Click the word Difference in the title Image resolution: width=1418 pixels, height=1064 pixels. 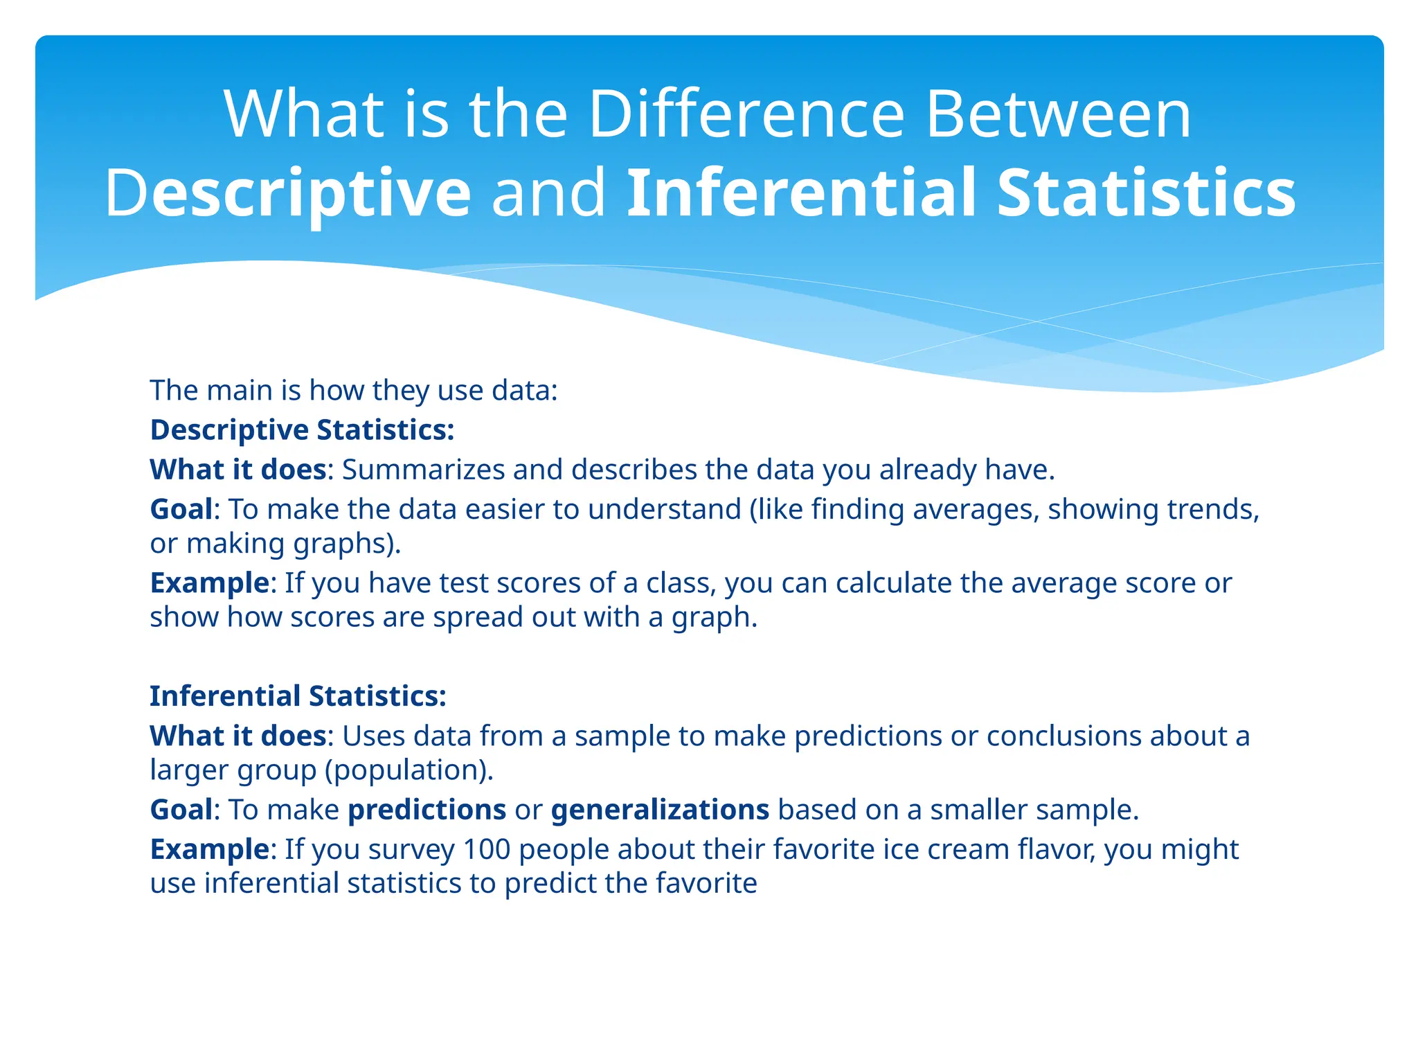click(746, 114)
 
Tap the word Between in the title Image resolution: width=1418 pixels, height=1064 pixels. click(1058, 114)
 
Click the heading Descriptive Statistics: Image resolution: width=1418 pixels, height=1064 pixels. click(302, 430)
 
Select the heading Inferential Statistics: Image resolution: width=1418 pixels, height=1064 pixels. click(298, 696)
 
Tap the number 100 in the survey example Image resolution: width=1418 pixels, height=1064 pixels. click(486, 849)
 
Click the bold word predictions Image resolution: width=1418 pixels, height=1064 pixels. click(427, 810)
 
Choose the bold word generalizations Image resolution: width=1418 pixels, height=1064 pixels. click(660, 810)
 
